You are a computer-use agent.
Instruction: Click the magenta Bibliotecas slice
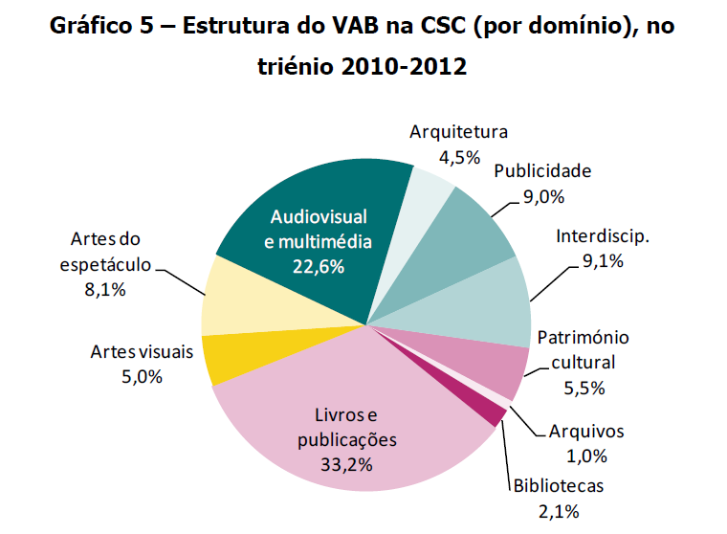491,412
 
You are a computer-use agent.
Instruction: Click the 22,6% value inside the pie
318,265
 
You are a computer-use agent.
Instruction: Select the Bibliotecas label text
559,486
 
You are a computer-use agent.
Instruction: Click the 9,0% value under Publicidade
543,197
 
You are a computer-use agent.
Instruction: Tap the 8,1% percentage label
105,288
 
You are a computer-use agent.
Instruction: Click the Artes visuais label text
142,351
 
